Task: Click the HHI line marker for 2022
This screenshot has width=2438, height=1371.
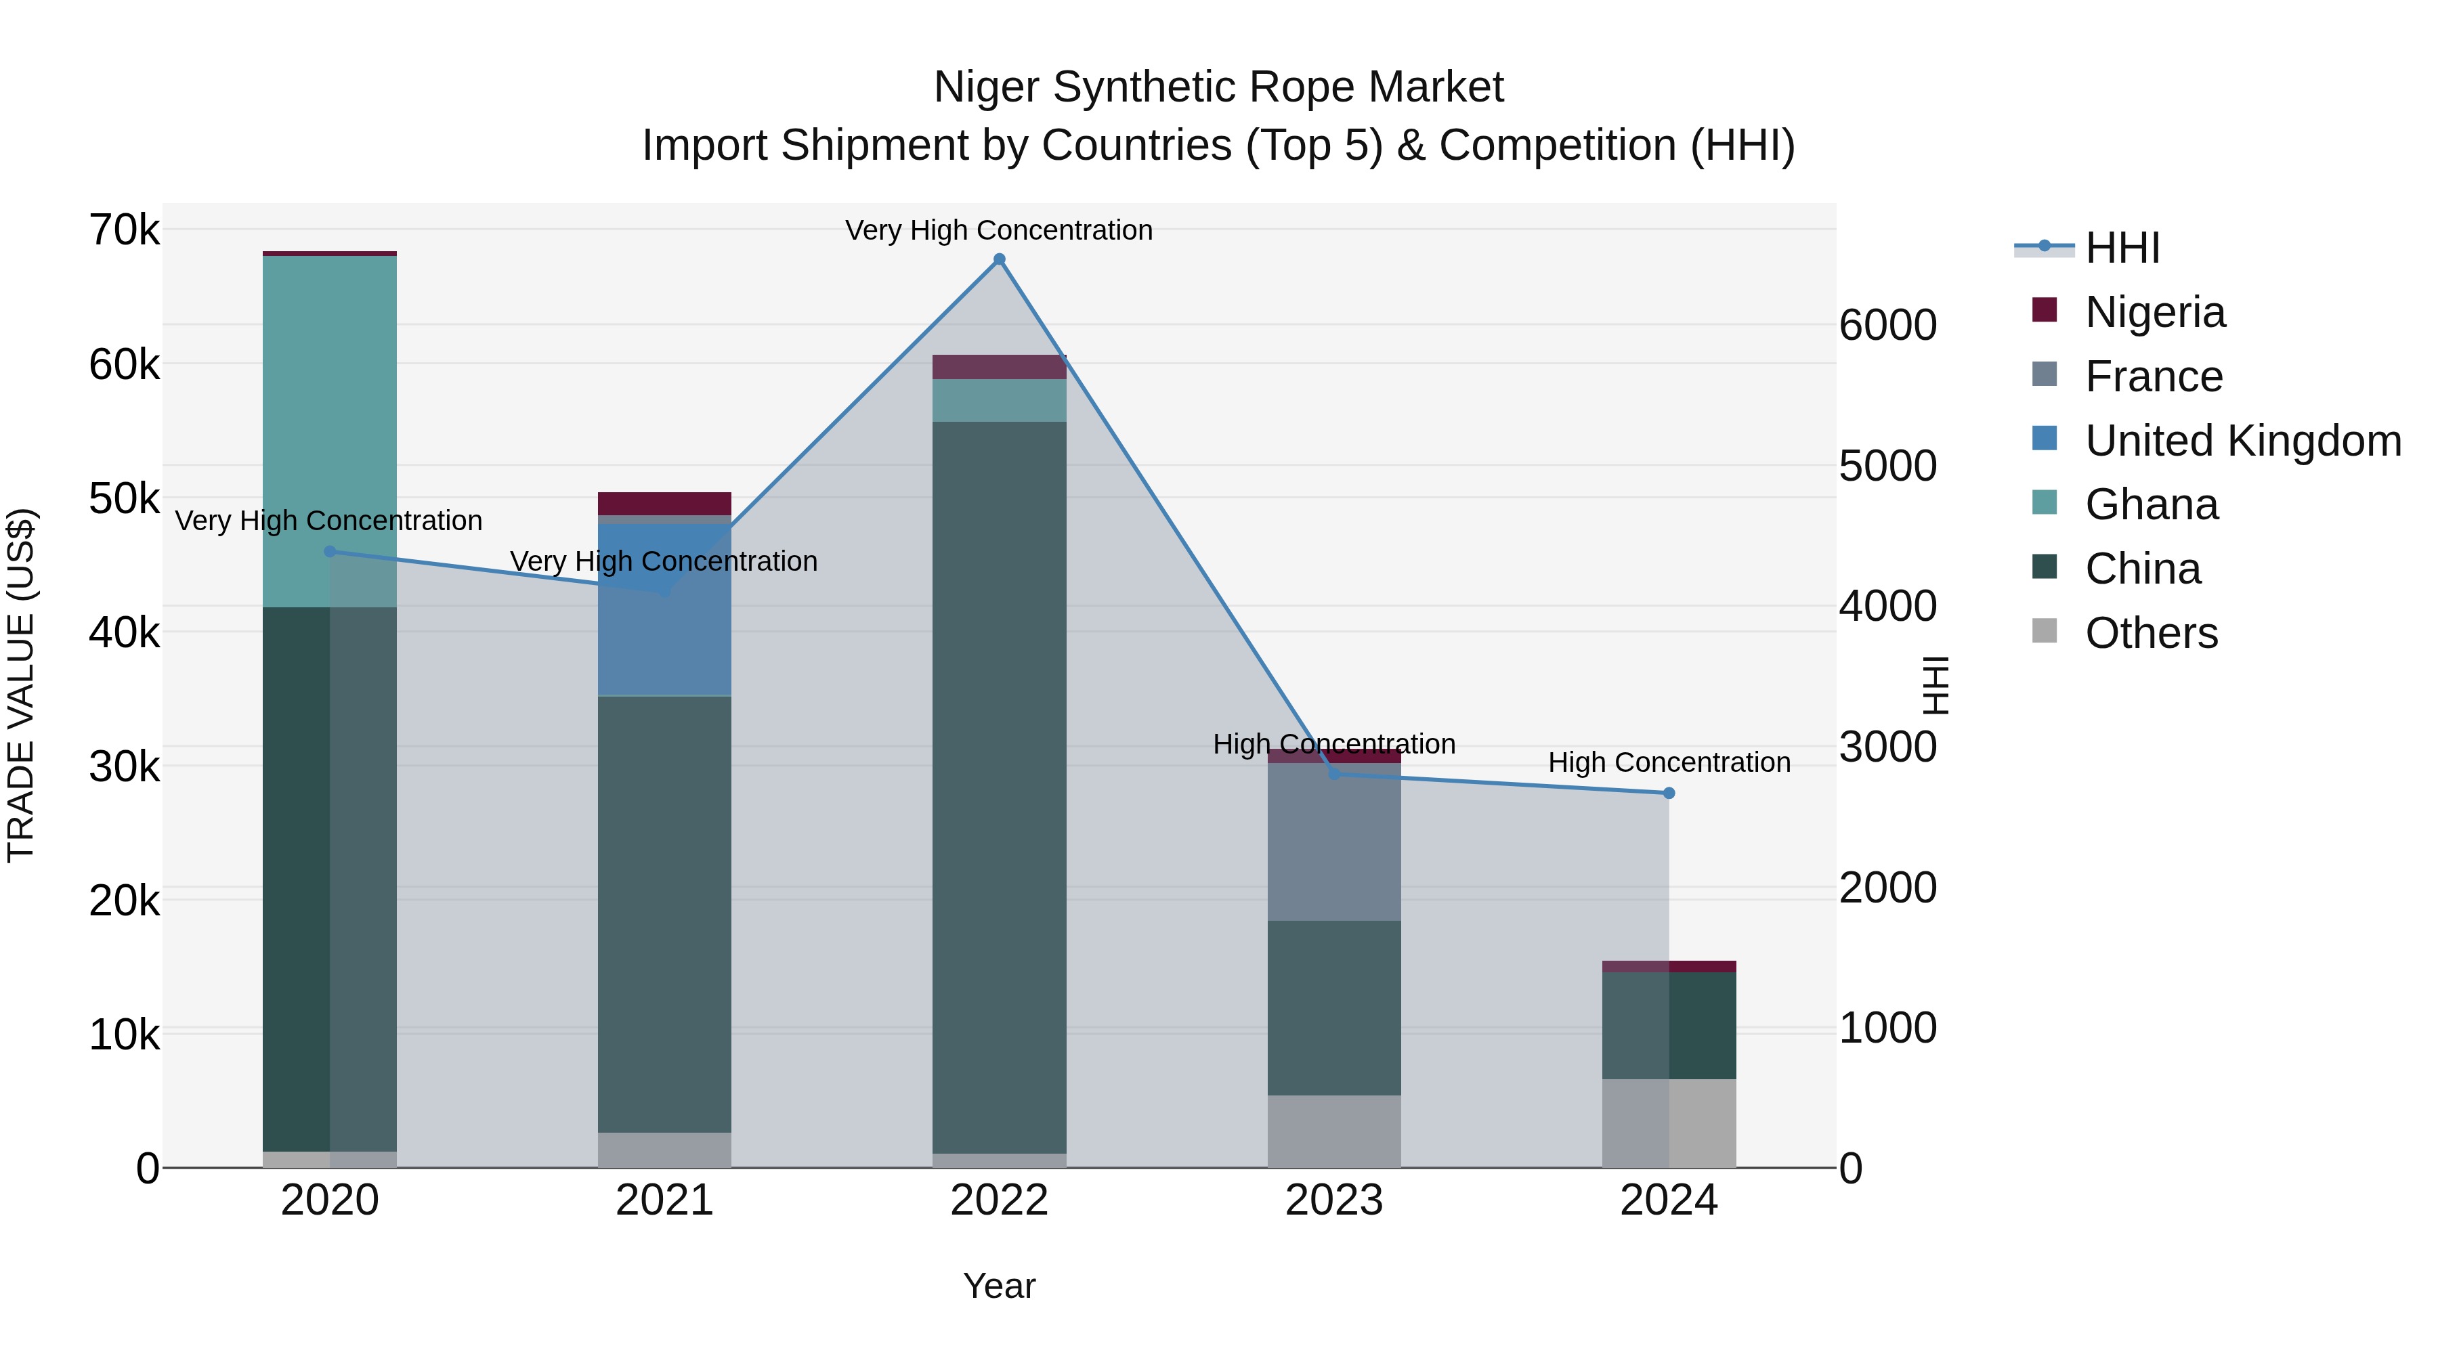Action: [998, 259]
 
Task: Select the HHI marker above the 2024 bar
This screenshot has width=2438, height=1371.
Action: [1669, 793]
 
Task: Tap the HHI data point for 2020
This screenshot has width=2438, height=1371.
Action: [329, 552]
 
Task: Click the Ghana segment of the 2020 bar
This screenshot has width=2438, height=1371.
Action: [329, 431]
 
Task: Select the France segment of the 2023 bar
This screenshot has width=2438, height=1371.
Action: [1333, 842]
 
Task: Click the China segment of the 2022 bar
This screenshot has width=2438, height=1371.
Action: [998, 785]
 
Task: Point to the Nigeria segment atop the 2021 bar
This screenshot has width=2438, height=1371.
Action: [664, 503]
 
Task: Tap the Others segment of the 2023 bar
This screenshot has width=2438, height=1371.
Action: [1333, 1131]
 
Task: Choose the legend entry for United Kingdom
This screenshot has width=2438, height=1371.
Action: [2242, 441]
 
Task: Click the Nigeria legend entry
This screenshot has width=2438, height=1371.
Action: [2155, 312]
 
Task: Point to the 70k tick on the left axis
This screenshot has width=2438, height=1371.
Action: [124, 230]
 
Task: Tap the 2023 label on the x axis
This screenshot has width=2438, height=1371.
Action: [1333, 1200]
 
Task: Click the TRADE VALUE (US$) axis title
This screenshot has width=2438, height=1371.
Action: [21, 685]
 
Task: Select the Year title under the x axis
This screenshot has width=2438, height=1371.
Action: [998, 1286]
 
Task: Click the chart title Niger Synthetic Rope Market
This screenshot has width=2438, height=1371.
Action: [1218, 87]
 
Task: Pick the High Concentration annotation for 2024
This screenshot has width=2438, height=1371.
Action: [1669, 762]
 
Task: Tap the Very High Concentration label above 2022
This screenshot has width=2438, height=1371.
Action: [998, 230]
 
